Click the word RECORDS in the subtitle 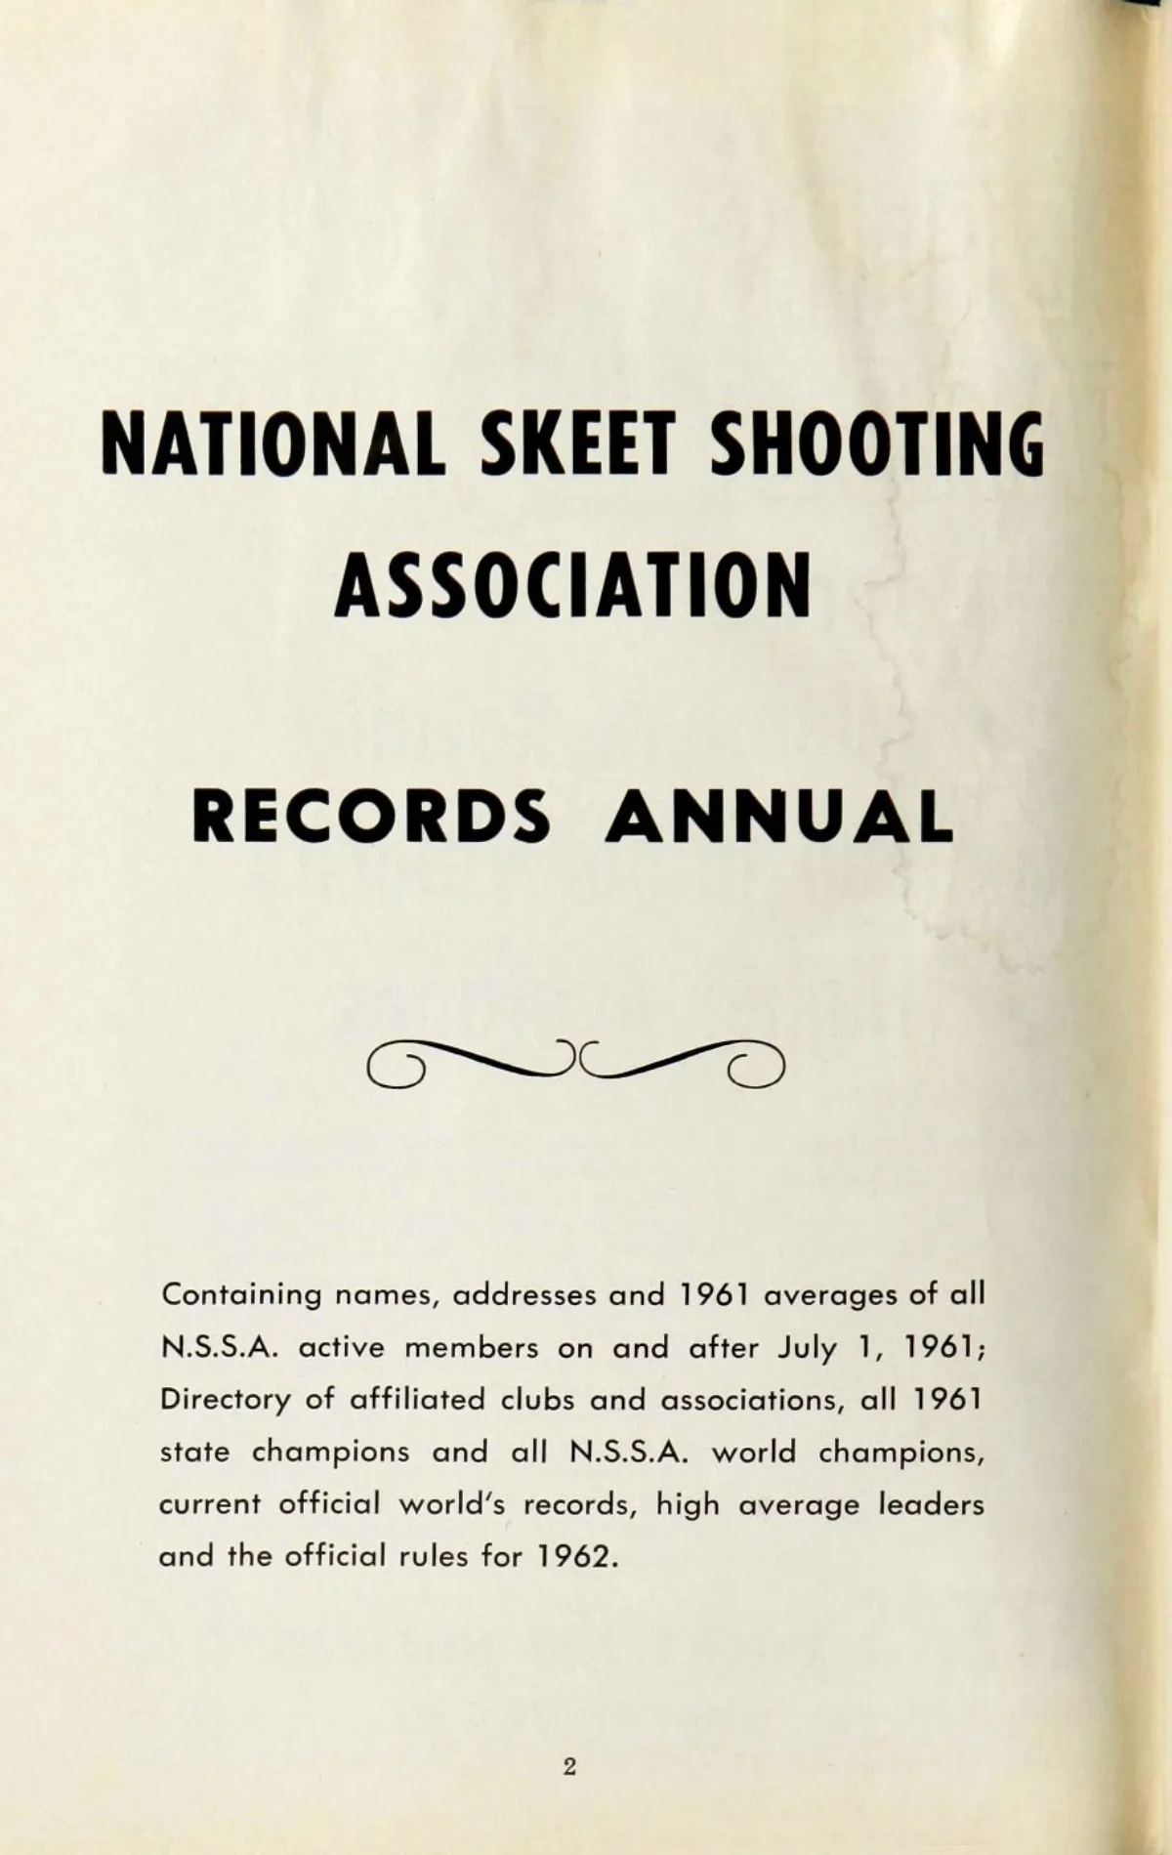pos(371,816)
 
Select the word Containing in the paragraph pos(241,1295)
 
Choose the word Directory pos(226,1400)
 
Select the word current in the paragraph pos(210,1504)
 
